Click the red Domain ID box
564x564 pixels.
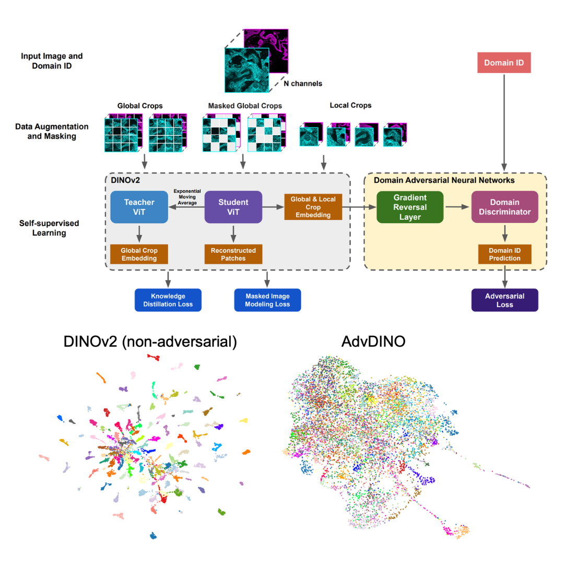click(504, 63)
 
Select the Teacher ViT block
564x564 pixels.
click(138, 207)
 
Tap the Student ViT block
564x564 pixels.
click(233, 207)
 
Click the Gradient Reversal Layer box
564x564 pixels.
click(410, 207)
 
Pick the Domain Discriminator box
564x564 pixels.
click(504, 207)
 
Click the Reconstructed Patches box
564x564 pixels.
click(233, 253)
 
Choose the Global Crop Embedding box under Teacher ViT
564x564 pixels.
click(138, 253)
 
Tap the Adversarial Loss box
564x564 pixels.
click(504, 300)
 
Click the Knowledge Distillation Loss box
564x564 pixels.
click(168, 300)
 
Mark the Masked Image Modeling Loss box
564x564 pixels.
click(268, 300)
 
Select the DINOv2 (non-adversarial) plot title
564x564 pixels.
click(150, 342)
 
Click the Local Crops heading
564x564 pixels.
click(350, 105)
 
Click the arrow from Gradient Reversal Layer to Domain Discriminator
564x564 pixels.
click(457, 207)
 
